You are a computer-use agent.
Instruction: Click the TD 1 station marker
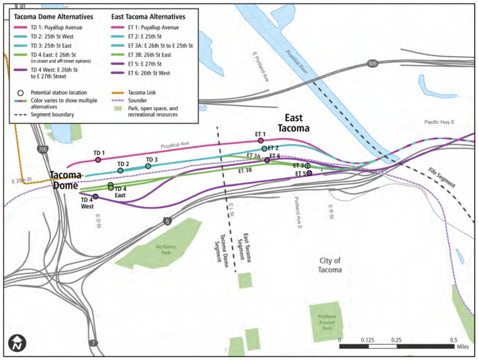pyautogui.click(x=98, y=160)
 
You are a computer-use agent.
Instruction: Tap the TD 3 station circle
pyautogui.click(x=148, y=166)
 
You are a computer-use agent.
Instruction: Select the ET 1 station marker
pyautogui.click(x=261, y=141)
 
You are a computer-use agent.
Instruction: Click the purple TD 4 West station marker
pyautogui.click(x=96, y=197)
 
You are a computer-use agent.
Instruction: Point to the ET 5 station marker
pyautogui.click(x=309, y=174)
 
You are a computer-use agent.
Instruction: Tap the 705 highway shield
pyautogui.click(x=41, y=149)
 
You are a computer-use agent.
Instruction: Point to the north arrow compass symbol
pyautogui.click(x=16, y=344)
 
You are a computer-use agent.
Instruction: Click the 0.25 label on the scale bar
pyautogui.click(x=396, y=340)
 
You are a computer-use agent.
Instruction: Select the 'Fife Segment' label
pyautogui.click(x=442, y=178)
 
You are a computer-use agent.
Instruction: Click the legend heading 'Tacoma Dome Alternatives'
pyautogui.click(x=53, y=17)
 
